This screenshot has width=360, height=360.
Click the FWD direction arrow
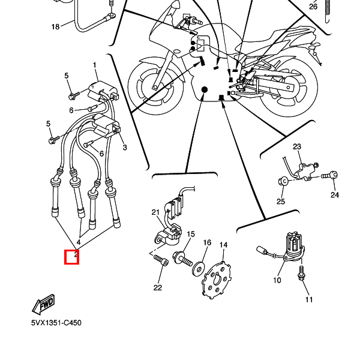tap(44, 305)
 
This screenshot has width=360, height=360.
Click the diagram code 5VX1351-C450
tap(56, 323)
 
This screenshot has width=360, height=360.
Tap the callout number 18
tap(55, 27)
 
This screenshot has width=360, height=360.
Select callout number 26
tap(313, 7)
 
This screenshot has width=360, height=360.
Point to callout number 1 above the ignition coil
tap(95, 65)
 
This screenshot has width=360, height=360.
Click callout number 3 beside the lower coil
tap(125, 147)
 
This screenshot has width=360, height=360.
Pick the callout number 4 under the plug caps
tap(79, 242)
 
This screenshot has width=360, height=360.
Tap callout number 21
tap(155, 212)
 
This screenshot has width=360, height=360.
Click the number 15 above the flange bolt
tap(191, 234)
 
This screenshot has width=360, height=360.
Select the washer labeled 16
tap(199, 268)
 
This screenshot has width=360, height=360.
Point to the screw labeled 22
tap(161, 260)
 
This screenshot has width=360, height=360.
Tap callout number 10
tap(277, 280)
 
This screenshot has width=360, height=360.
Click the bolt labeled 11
tap(301, 273)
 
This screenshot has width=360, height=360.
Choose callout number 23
tap(297, 146)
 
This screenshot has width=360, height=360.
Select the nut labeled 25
tap(283, 181)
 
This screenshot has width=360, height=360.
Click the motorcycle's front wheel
tap(155, 86)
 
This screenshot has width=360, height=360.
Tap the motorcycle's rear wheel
tap(289, 87)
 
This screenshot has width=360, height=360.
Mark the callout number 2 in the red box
tap(76, 254)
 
